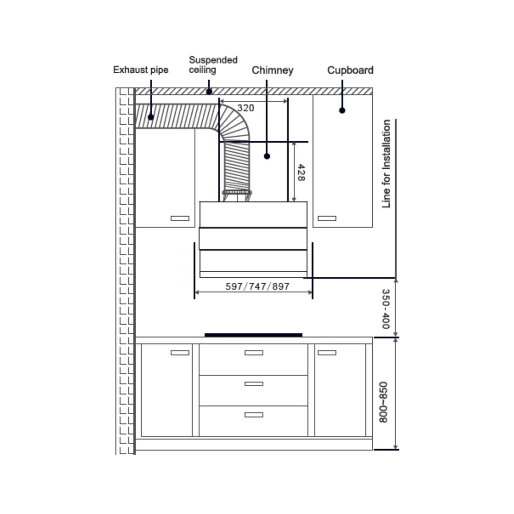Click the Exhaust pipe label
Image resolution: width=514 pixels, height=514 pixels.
pyautogui.click(x=141, y=70)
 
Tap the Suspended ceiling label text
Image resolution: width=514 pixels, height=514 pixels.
pyautogui.click(x=213, y=64)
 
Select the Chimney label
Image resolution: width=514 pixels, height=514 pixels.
pyautogui.click(x=273, y=70)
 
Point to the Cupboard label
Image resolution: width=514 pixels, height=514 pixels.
pyautogui.click(x=350, y=70)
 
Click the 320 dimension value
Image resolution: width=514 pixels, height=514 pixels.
pyautogui.click(x=246, y=108)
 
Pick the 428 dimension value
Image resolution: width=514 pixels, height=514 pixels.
pyautogui.click(x=301, y=172)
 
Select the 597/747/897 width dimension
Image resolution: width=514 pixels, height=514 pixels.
pyautogui.click(x=258, y=287)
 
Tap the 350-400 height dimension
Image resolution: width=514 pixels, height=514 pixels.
pyautogui.click(x=386, y=309)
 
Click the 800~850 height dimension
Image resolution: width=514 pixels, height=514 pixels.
pyautogui.click(x=383, y=402)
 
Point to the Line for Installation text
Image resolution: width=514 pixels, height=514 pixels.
pyautogui.click(x=386, y=164)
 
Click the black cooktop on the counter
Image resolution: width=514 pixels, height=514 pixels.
pyautogui.click(x=253, y=335)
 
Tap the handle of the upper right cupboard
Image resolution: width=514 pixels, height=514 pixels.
pyautogui.click(x=327, y=218)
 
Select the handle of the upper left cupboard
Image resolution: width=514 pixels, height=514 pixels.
pyautogui.click(x=180, y=218)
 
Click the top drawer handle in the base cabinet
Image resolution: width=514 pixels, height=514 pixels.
pyautogui.click(x=254, y=353)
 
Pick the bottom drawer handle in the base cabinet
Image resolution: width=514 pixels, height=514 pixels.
pyautogui.click(x=254, y=415)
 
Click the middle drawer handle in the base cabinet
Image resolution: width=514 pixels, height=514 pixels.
pyautogui.click(x=254, y=384)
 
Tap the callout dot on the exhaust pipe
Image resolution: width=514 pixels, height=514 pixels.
pyautogui.click(x=151, y=117)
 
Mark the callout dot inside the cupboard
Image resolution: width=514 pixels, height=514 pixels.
pyautogui.click(x=342, y=111)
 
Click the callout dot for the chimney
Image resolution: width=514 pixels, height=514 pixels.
pyautogui.click(x=267, y=156)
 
